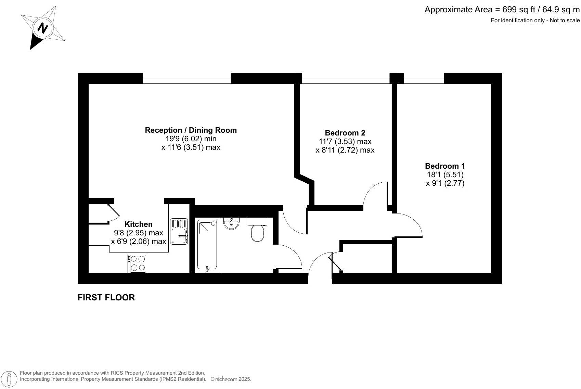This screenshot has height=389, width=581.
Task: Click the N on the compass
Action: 42,28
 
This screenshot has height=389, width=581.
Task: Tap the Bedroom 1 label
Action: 445,166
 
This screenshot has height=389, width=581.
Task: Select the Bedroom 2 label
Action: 345,133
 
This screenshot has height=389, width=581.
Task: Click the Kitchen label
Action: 139,224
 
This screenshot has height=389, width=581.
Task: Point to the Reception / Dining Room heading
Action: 191,130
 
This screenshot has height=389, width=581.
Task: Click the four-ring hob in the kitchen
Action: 137,263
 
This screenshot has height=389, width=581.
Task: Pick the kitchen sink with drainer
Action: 179,232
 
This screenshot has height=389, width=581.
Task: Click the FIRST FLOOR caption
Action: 106,297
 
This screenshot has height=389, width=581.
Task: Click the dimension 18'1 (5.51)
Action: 445,174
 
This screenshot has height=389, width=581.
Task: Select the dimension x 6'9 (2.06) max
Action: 139,241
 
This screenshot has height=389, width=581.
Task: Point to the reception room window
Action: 187,78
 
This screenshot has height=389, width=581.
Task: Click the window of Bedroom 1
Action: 424,78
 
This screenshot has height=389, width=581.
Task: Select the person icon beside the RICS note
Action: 10,379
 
